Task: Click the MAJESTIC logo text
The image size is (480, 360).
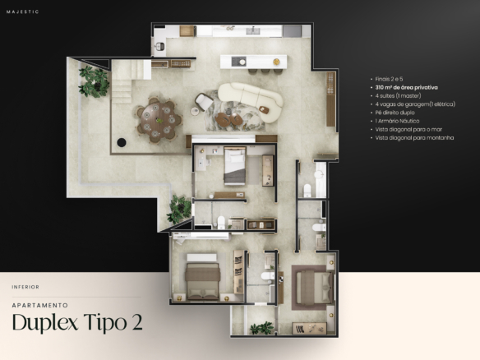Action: tap(23, 12)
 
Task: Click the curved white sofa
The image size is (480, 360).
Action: tap(251, 101)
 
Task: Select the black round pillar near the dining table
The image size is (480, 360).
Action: tap(122, 142)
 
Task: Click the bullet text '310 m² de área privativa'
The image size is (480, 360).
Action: tap(407, 88)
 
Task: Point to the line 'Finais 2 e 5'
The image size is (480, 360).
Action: tap(389, 79)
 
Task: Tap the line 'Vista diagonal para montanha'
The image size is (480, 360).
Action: tap(414, 138)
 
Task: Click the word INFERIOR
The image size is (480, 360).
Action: tap(25, 287)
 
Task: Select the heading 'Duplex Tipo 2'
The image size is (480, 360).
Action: tap(77, 322)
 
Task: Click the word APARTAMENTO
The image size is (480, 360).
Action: tap(40, 305)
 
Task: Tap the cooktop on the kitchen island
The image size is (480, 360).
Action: tap(239, 61)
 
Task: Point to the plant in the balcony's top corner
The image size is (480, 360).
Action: tap(94, 81)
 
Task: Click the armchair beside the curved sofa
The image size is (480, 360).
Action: tap(204, 101)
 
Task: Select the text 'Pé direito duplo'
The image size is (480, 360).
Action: tap(395, 113)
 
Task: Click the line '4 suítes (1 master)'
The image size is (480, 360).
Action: tap(398, 96)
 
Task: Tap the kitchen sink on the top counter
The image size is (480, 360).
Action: tap(253, 30)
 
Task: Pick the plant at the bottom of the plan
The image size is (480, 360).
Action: tap(261, 328)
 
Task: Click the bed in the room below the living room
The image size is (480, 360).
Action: tap(234, 165)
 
